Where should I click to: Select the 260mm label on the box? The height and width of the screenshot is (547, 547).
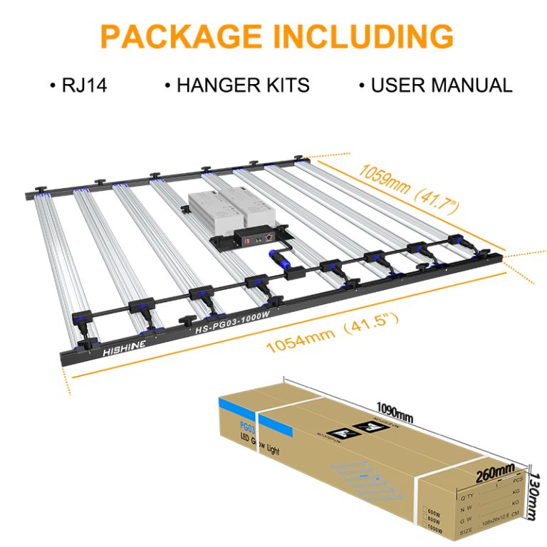tap(496, 472)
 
